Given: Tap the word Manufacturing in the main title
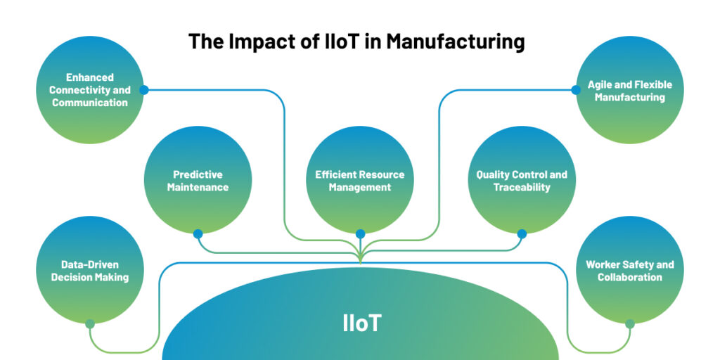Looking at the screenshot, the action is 455,41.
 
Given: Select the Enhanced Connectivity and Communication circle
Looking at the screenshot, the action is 89,90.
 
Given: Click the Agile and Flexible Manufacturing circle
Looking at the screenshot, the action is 630,90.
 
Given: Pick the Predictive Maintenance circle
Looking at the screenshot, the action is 198,180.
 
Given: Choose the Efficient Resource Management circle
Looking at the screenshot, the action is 360,180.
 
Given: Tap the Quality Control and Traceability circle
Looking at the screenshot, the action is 522,180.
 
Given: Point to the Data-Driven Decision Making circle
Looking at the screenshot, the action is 89,270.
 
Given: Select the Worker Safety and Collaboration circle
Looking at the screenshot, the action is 630,270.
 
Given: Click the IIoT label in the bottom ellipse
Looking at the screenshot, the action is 362,323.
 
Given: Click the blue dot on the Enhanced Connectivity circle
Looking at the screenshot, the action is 143,90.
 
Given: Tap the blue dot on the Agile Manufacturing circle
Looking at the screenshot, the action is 576,90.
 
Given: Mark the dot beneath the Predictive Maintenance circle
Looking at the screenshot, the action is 198,234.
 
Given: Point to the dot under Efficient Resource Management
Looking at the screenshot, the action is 360,234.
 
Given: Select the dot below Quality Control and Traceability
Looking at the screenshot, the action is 522,234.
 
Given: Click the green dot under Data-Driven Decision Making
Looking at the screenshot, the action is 90,324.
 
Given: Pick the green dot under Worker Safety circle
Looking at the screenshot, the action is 630,324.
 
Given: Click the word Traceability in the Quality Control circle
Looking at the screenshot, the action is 522,187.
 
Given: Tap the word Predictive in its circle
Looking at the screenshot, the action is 198,174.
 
